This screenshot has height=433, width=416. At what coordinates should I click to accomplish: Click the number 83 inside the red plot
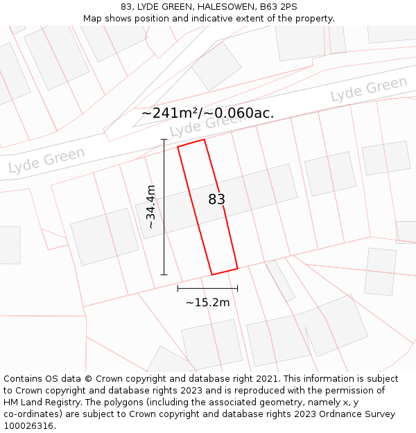(217, 200)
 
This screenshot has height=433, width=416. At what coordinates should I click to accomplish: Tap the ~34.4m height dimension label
(150, 207)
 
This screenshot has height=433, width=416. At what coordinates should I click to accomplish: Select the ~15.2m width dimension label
(207, 302)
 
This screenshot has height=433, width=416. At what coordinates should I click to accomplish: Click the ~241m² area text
(170, 113)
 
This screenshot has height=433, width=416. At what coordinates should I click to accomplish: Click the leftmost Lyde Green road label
(46, 160)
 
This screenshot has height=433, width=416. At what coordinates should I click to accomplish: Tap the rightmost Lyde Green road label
(369, 90)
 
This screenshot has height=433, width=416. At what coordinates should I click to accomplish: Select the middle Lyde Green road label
(207, 125)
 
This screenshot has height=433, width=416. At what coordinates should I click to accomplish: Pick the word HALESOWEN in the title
(215, 7)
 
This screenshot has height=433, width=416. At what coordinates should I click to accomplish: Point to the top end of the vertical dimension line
(164, 140)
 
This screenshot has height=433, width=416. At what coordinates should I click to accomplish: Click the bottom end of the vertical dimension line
(164, 274)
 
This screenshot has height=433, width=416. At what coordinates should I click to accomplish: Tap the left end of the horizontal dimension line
(178, 288)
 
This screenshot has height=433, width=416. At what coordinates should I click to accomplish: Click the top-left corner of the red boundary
(178, 147)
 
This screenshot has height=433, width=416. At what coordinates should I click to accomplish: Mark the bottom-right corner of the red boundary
(238, 268)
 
